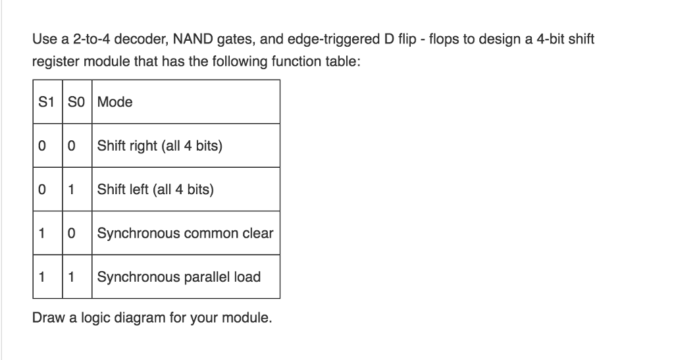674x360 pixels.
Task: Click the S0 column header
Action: tap(78, 102)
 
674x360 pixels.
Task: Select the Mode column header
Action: tap(115, 102)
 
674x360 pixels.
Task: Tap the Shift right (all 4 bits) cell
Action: tap(159, 145)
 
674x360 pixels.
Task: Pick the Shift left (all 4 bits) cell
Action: tap(155, 190)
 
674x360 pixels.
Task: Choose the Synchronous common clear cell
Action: tap(185, 233)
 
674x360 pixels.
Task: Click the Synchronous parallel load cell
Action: tap(179, 276)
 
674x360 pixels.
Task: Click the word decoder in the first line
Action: tap(143, 39)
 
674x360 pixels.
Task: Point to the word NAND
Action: tap(193, 39)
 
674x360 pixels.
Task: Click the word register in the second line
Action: tap(54, 62)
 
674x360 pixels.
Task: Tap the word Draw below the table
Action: tap(46, 318)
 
